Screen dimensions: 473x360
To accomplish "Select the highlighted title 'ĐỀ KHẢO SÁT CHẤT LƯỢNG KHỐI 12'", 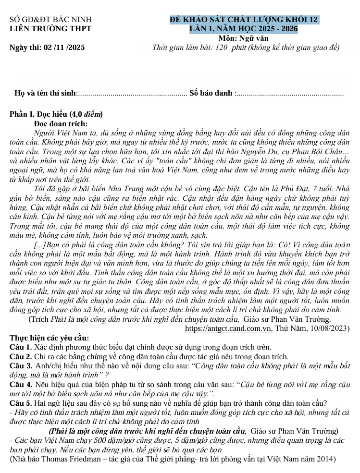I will pyautogui.click(x=244, y=20).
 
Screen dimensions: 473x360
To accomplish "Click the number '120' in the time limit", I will pyautogui.click(x=222, y=47).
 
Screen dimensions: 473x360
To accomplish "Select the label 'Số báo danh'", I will pyautogui.click(x=211, y=93).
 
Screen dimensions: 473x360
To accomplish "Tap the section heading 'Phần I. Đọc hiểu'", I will pyautogui.click(x=39, y=114).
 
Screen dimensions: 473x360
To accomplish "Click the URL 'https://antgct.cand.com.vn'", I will pyautogui.click(x=228, y=328).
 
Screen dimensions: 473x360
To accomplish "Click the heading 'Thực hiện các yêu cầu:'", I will pyautogui.click(x=49, y=338).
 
